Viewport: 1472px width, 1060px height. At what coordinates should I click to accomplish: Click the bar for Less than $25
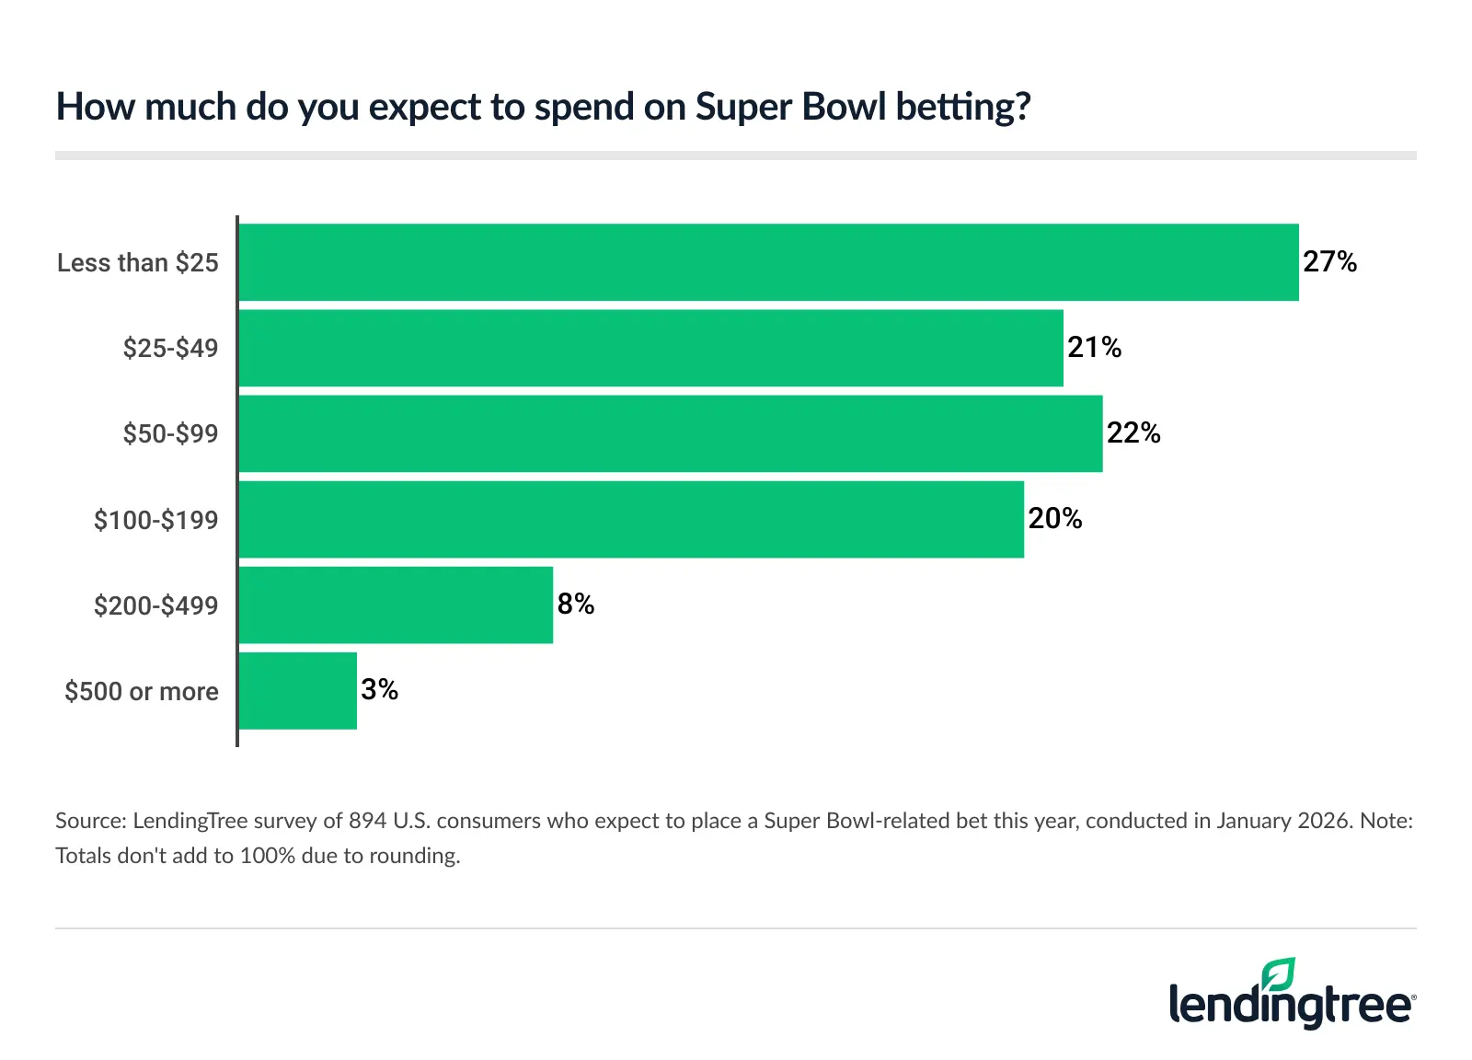[x=768, y=262]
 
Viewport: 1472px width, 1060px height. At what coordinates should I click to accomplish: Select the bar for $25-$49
[x=650, y=348]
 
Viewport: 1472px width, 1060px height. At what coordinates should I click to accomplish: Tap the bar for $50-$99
[x=670, y=433]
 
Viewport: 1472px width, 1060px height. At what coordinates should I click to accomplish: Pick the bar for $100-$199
[x=631, y=519]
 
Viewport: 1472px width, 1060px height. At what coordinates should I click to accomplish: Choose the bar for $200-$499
[x=396, y=605]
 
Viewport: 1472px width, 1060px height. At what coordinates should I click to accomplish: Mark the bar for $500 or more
[x=297, y=691]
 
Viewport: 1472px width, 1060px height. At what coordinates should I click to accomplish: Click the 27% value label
[x=1329, y=262]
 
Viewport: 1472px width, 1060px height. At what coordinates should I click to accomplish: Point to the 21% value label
[x=1094, y=348]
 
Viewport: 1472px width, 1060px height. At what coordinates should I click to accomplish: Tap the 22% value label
[x=1133, y=433]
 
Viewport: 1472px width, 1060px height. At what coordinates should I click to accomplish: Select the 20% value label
[x=1054, y=519]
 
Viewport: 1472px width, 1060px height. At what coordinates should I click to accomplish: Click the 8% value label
[x=575, y=605]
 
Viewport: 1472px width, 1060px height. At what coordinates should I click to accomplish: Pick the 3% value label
[x=379, y=690]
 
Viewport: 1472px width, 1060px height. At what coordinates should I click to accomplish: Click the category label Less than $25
[x=138, y=263]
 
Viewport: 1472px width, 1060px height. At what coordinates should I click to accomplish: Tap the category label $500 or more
[x=142, y=692]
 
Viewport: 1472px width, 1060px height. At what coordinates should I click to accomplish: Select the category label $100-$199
[x=155, y=521]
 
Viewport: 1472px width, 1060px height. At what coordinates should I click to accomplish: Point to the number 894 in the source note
[x=367, y=821]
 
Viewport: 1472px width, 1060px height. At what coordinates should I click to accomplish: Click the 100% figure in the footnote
[x=268, y=856]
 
